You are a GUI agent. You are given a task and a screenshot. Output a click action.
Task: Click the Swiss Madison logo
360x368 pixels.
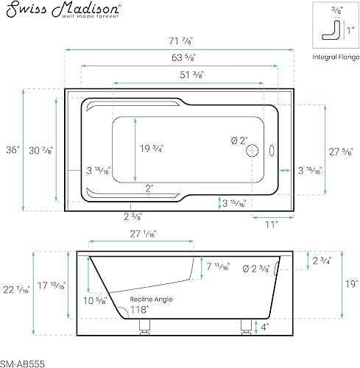[63, 10]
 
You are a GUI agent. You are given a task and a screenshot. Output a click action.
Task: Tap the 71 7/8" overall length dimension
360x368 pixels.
[181, 40]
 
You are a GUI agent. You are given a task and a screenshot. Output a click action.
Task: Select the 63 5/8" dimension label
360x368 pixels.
[183, 57]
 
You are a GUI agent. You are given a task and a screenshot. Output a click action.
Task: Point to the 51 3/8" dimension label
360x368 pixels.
[192, 74]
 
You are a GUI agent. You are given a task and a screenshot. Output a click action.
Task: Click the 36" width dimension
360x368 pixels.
[13, 150]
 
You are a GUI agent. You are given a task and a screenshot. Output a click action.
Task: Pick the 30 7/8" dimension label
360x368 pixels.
[40, 150]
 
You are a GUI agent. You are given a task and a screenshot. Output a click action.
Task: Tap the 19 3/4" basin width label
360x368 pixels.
[152, 149]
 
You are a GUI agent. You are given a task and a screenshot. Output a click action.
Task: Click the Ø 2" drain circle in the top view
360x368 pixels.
[253, 151]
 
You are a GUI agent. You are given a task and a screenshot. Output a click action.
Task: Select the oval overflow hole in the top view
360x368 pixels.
[272, 151]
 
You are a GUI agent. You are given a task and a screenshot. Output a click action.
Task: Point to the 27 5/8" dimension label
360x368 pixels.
[341, 152]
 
